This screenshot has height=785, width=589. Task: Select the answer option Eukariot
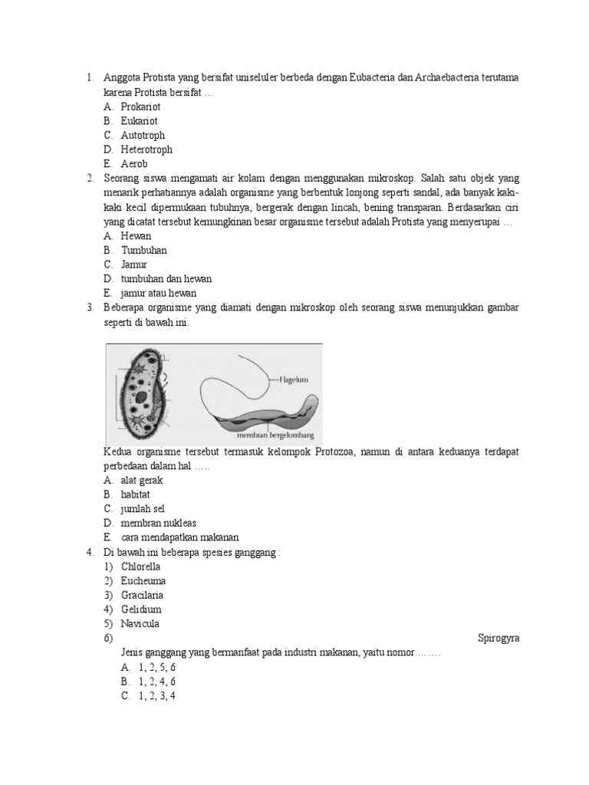pyautogui.click(x=139, y=121)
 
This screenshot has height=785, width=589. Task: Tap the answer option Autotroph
pyautogui.click(x=143, y=136)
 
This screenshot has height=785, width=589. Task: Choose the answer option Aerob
pyautogui.click(x=134, y=164)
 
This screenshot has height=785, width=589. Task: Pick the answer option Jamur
pyautogui.click(x=134, y=264)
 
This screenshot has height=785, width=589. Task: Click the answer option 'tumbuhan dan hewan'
pyautogui.click(x=166, y=279)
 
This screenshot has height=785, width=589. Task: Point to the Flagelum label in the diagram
pyautogui.click(x=294, y=379)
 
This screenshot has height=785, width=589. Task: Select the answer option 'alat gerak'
pyautogui.click(x=142, y=481)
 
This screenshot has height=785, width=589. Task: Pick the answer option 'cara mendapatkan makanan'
pyautogui.click(x=175, y=537)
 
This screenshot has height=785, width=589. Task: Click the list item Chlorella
pyautogui.click(x=140, y=567)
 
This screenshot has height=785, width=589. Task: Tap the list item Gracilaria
pyautogui.click(x=142, y=595)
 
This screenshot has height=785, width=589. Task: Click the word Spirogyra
pyautogui.click(x=499, y=638)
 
